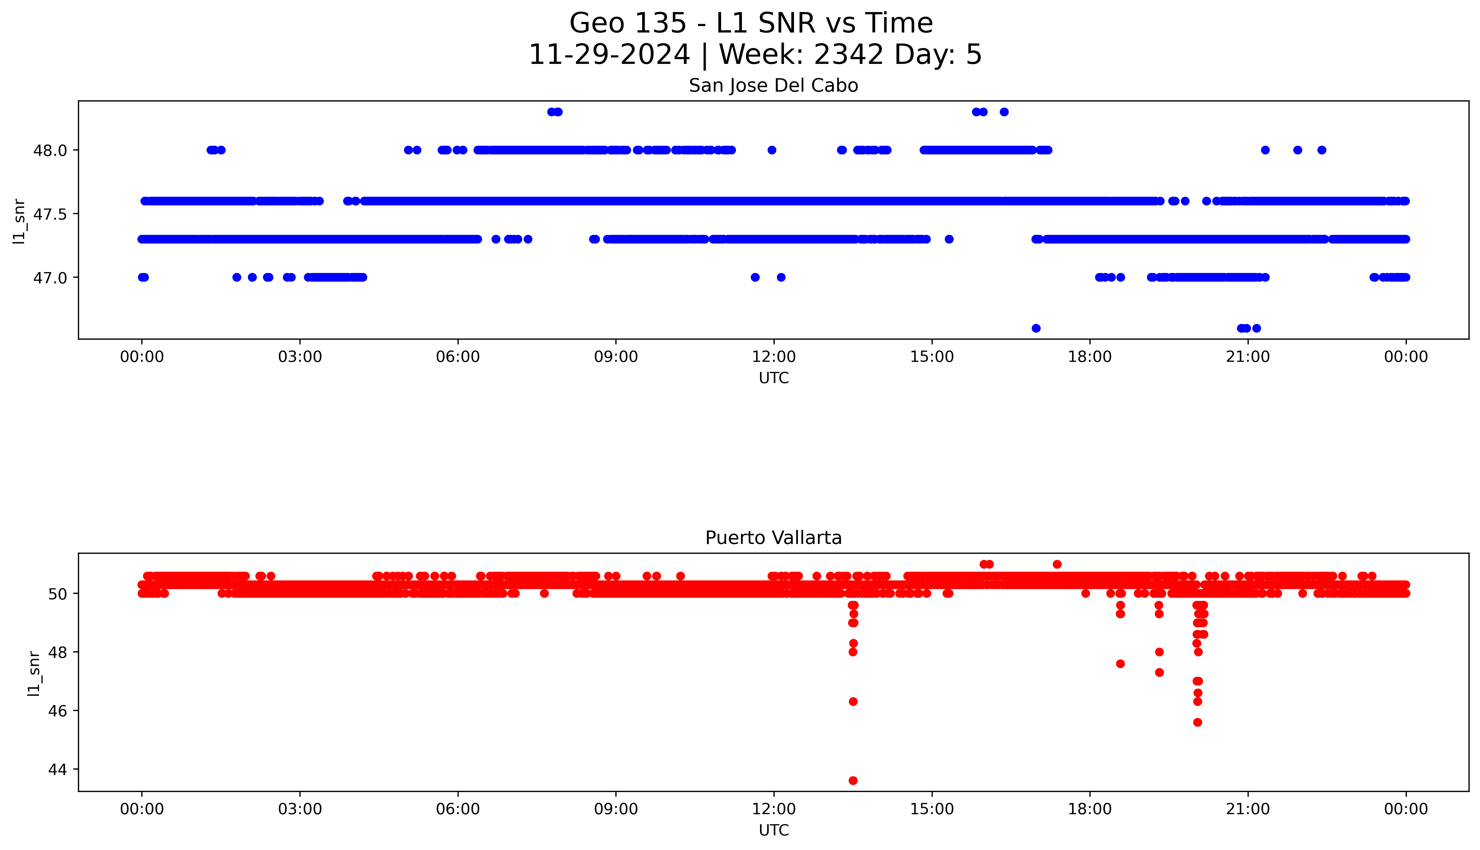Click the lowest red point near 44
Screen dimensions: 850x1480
(853, 780)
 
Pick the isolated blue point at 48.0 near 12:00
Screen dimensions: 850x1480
(772, 150)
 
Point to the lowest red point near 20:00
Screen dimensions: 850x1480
(1197, 722)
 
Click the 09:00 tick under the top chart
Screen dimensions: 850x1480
(616, 357)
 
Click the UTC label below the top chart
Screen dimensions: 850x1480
(774, 378)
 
